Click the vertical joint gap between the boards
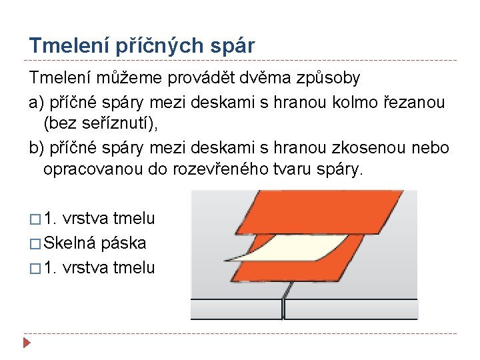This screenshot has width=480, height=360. coord(283,308)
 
